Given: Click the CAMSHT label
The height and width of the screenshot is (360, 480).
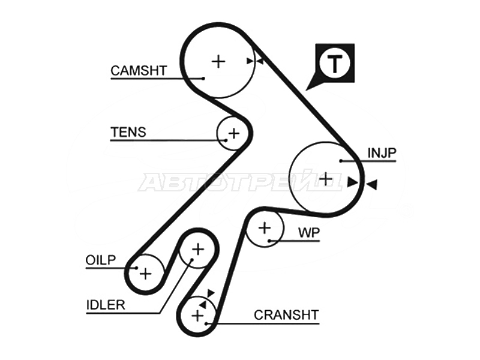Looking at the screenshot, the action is tap(139, 71).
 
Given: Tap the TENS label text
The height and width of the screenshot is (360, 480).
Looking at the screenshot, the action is tap(128, 132).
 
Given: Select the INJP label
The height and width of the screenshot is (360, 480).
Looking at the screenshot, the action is tap(382, 153).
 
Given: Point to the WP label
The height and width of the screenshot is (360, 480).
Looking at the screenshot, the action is tap(309, 233).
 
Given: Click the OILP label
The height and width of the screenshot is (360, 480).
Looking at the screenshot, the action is tap(101, 260).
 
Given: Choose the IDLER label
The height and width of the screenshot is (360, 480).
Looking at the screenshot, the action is tap(106, 305).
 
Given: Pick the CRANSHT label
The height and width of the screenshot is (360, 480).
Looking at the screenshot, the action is tap(287, 315).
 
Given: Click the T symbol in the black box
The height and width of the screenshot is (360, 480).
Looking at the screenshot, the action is tap(335, 64).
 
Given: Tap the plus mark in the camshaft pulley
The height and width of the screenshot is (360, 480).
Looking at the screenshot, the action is tap(218, 61).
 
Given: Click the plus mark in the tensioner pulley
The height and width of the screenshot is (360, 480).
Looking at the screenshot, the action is tap(234, 133).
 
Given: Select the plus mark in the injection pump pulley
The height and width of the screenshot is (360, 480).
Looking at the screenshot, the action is tap(326, 178).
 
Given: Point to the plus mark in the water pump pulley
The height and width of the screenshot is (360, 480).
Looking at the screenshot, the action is tap(265, 228).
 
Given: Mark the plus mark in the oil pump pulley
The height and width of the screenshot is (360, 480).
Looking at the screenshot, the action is tap(145, 273).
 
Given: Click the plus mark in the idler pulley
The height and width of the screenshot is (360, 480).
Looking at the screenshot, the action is tap(198, 249).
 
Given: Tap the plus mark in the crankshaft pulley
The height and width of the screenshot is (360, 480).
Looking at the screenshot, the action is tap(197, 316).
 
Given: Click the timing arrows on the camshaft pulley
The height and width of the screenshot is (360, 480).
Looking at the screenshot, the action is tap(255, 61).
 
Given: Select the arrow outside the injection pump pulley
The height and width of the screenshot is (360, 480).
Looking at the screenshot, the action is tap(371, 185).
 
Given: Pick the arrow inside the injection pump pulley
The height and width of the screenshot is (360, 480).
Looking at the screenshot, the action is tap(353, 182).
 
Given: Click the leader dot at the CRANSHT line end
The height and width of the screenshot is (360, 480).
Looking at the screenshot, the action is tap(207, 323).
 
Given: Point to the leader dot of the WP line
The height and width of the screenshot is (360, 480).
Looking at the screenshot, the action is tap(269, 241).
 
